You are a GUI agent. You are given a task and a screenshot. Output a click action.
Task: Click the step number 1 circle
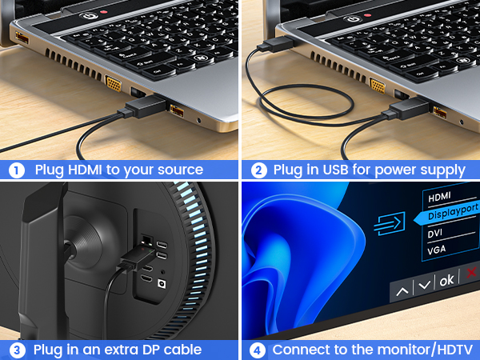pyautogui.click(x=17, y=170)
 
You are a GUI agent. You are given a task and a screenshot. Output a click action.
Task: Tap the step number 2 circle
pyautogui.click(x=258, y=170)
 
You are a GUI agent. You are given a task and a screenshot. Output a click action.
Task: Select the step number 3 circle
pyautogui.click(x=17, y=350)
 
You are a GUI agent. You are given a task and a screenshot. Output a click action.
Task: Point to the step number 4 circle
pyautogui.click(x=258, y=350)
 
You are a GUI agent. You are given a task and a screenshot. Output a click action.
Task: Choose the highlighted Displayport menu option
pyautogui.click(x=453, y=211)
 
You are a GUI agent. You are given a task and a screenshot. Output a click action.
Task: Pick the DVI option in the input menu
pyautogui.click(x=435, y=234)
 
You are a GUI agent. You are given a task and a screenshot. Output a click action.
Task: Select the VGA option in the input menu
pyautogui.click(x=437, y=250)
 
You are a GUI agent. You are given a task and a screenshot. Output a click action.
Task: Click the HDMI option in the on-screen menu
pyautogui.click(x=439, y=197)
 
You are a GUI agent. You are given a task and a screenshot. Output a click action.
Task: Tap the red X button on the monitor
pyautogui.click(x=472, y=272)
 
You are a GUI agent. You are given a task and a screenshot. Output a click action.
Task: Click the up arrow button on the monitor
pyautogui.click(x=402, y=291)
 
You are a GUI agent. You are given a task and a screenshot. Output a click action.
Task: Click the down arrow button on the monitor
pyautogui.click(x=424, y=286)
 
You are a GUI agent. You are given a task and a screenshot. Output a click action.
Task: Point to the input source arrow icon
pyautogui.click(x=390, y=223)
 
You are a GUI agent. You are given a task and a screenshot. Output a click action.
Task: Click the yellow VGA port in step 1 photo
pyautogui.click(x=114, y=83)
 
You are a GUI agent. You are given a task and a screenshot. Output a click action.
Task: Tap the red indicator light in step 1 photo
pyautogui.click(x=104, y=12)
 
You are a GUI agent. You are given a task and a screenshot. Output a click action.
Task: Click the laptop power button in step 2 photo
pyautogui.click(x=353, y=19)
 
